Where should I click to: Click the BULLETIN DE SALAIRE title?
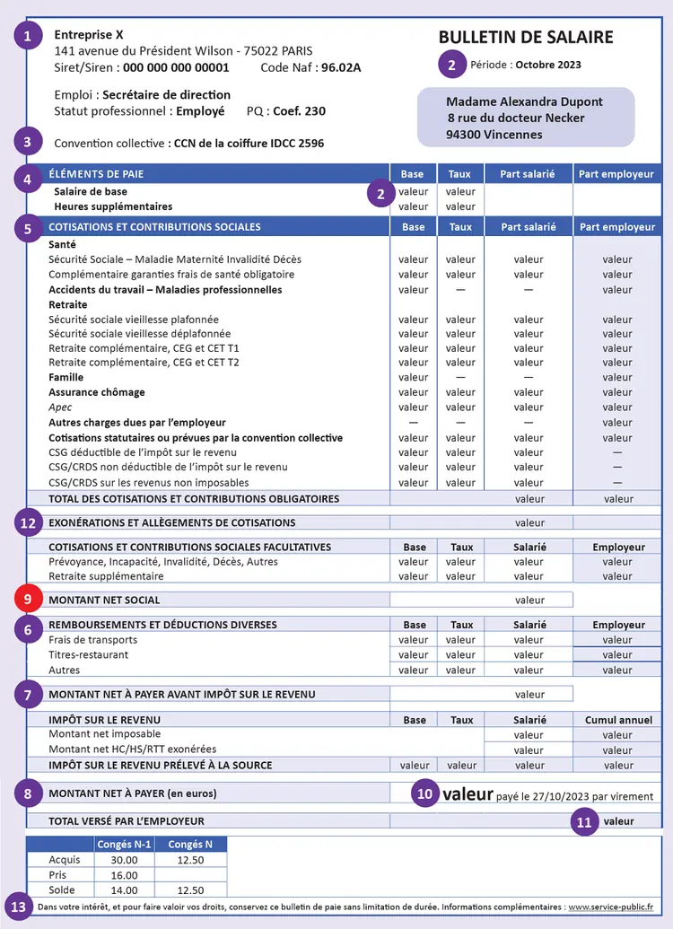pos(526,37)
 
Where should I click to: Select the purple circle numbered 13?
pos(17,906)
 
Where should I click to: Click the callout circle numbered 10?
pos(425,793)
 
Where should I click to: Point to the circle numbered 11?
pos(584,820)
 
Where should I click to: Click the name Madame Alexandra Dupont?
pos(524,101)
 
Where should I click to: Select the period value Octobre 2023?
pos(547,65)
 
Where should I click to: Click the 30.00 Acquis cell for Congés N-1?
pos(124,859)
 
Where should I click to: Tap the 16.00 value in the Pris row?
pos(124,874)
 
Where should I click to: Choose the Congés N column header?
pos(190,844)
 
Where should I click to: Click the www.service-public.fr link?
pos(610,907)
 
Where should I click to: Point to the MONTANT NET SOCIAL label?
pos(104,600)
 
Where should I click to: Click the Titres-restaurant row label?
pos(88,655)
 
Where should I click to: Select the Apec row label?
pos(60,408)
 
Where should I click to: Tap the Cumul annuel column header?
pos(618,720)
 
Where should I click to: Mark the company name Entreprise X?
pos(89,34)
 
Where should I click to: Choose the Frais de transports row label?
pos(92,640)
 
